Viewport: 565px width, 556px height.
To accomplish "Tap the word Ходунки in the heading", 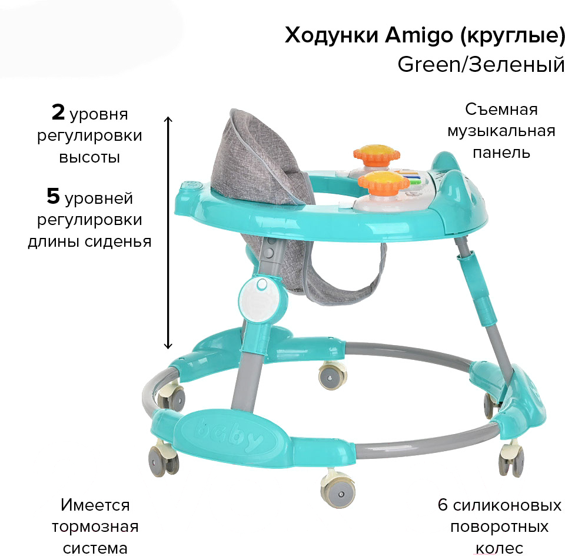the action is pos(331,35).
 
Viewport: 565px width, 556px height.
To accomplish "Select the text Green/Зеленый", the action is pos(481,64).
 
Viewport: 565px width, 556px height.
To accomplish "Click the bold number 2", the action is pos(58,112).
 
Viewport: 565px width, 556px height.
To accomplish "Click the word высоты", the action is pos(89,158).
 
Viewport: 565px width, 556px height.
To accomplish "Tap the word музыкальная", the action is pos(501,131).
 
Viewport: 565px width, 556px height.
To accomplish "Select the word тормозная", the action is pos(95,527).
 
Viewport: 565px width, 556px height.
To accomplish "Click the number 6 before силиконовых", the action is pos(443,505).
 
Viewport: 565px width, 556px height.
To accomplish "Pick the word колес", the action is pos(500,548).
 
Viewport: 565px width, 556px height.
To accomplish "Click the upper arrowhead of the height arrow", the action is pos(168,120).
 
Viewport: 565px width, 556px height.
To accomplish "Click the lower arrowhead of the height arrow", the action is pos(168,345).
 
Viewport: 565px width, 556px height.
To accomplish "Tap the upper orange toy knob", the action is pos(377,154).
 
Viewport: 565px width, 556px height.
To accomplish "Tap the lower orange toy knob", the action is pos(384,181).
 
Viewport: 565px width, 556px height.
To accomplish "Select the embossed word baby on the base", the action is pos(229,436).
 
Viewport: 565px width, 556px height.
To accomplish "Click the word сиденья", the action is pos(118,241).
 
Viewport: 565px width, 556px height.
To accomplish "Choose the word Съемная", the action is pos(501,109).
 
